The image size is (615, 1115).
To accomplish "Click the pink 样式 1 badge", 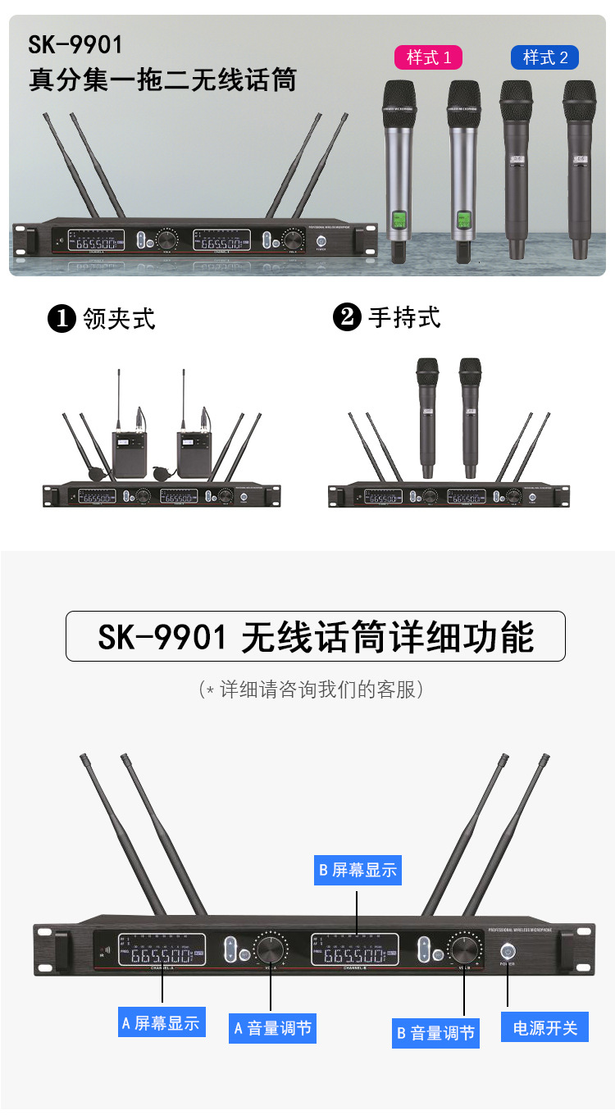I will pyautogui.click(x=429, y=57).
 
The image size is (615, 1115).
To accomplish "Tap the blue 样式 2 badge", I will pyautogui.click(x=545, y=57).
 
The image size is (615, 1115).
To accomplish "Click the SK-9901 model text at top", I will pyautogui.click(x=75, y=44).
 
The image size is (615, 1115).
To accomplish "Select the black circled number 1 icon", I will pyautogui.click(x=62, y=319).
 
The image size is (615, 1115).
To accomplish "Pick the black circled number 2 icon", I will pyautogui.click(x=347, y=317).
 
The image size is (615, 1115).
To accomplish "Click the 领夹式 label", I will pyautogui.click(x=120, y=318).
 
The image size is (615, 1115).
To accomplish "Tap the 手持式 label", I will pyautogui.click(x=404, y=317).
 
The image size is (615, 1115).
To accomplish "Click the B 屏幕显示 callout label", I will pyautogui.click(x=358, y=870).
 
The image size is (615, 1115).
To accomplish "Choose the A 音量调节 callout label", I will pyautogui.click(x=273, y=1028).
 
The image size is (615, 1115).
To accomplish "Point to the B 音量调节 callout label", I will pyautogui.click(x=435, y=1033).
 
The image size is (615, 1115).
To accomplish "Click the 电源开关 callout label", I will pyautogui.click(x=545, y=1027).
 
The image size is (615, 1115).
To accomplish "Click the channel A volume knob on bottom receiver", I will pyautogui.click(x=270, y=950).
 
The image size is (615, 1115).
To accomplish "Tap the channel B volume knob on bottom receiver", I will pyautogui.click(x=463, y=950).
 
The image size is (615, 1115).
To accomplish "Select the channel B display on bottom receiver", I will pyautogui.click(x=354, y=952).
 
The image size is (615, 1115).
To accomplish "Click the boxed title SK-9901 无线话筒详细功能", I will pyautogui.click(x=316, y=637).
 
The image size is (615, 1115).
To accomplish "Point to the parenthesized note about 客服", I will pyautogui.click(x=311, y=689).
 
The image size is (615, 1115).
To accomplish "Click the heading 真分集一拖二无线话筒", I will pyautogui.click(x=162, y=80).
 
